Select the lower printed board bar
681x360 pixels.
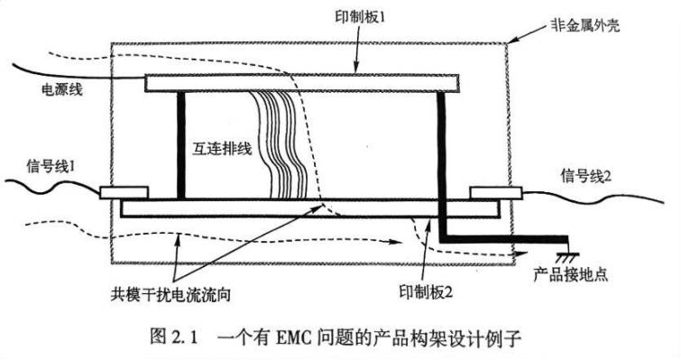coord(307,208)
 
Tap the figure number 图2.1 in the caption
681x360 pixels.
coord(176,339)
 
